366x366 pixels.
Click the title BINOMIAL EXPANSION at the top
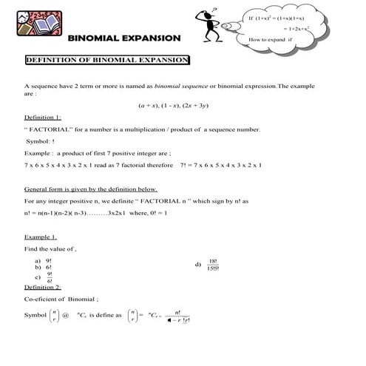click(x=124, y=37)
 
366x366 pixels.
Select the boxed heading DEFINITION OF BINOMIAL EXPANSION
click(x=107, y=59)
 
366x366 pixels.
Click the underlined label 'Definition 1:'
click(x=43, y=118)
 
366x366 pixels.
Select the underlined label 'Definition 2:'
click(x=43, y=287)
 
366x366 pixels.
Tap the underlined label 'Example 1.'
click(x=41, y=237)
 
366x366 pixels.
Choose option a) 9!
click(x=44, y=261)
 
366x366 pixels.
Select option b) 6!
click(x=44, y=268)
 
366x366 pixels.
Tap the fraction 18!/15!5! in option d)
click(x=213, y=265)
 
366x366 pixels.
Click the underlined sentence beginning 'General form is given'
click(x=90, y=189)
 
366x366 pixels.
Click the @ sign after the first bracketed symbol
click(x=64, y=316)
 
